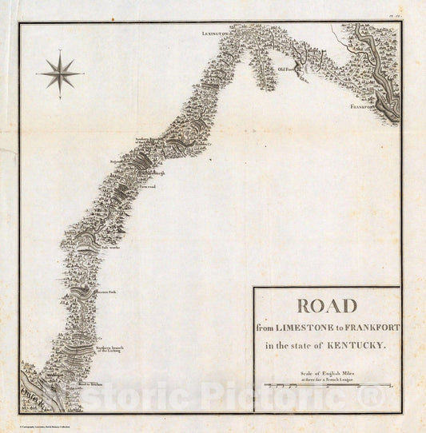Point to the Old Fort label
point(287,70)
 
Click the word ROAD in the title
point(328,307)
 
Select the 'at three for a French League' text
point(327,378)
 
